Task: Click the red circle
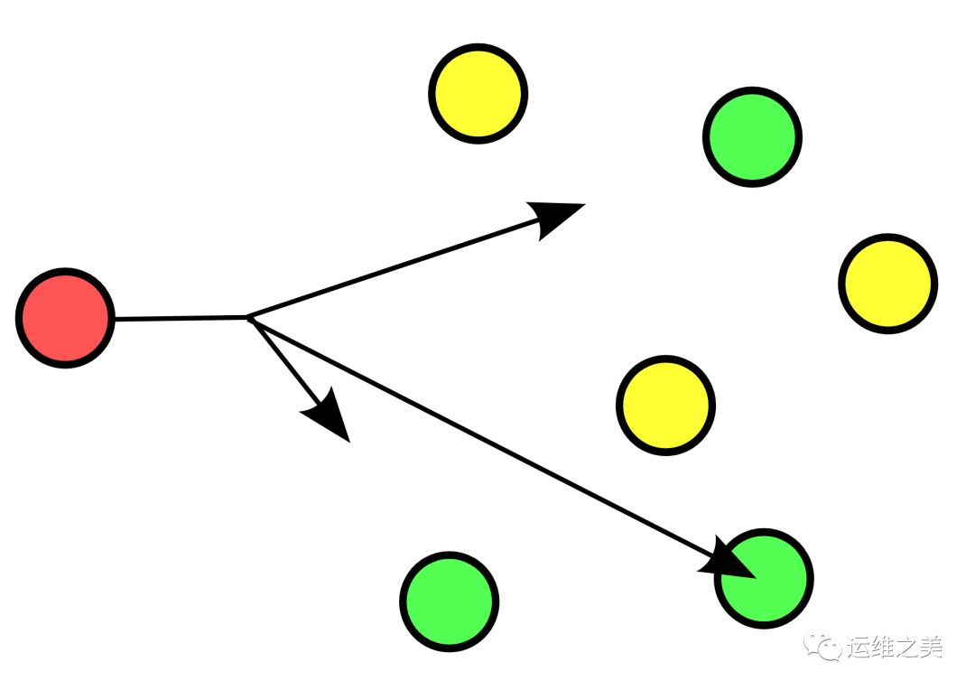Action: coord(65,318)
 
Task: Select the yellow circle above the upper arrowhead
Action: coord(478,93)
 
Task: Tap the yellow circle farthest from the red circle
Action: coord(888,284)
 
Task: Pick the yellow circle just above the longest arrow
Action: coord(666,405)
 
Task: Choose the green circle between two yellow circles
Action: coord(752,137)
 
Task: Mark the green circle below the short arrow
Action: coord(450,601)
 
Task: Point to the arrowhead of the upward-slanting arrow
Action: coord(556,216)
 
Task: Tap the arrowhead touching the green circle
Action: coord(731,562)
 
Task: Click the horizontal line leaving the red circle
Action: coord(181,318)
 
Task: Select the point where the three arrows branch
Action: coord(250,318)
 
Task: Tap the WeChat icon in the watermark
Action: coord(822,647)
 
